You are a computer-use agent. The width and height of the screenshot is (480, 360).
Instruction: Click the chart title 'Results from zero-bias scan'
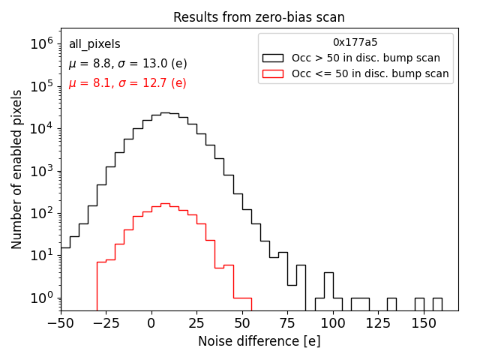[259, 17]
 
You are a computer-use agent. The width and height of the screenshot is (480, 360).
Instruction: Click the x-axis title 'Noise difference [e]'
[259, 341]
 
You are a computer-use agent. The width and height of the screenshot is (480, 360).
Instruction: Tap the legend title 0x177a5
[355, 43]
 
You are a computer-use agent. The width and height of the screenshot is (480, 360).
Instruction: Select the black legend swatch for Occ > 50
[273, 58]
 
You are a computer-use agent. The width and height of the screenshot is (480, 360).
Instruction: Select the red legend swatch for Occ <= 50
[273, 73]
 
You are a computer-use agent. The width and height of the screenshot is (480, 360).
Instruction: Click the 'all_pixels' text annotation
[94, 44]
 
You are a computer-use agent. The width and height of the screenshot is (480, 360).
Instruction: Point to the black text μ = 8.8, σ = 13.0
[127, 64]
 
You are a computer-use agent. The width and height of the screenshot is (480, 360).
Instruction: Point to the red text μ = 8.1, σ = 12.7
[127, 83]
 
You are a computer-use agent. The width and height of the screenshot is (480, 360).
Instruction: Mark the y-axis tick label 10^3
[41, 171]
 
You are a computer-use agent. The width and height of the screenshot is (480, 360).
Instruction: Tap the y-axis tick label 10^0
[41, 298]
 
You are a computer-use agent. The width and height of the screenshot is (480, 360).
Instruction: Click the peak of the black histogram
[165, 112]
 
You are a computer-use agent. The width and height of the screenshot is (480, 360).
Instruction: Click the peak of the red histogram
[165, 203]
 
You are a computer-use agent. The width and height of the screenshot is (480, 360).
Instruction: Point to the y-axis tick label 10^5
[41, 86]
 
